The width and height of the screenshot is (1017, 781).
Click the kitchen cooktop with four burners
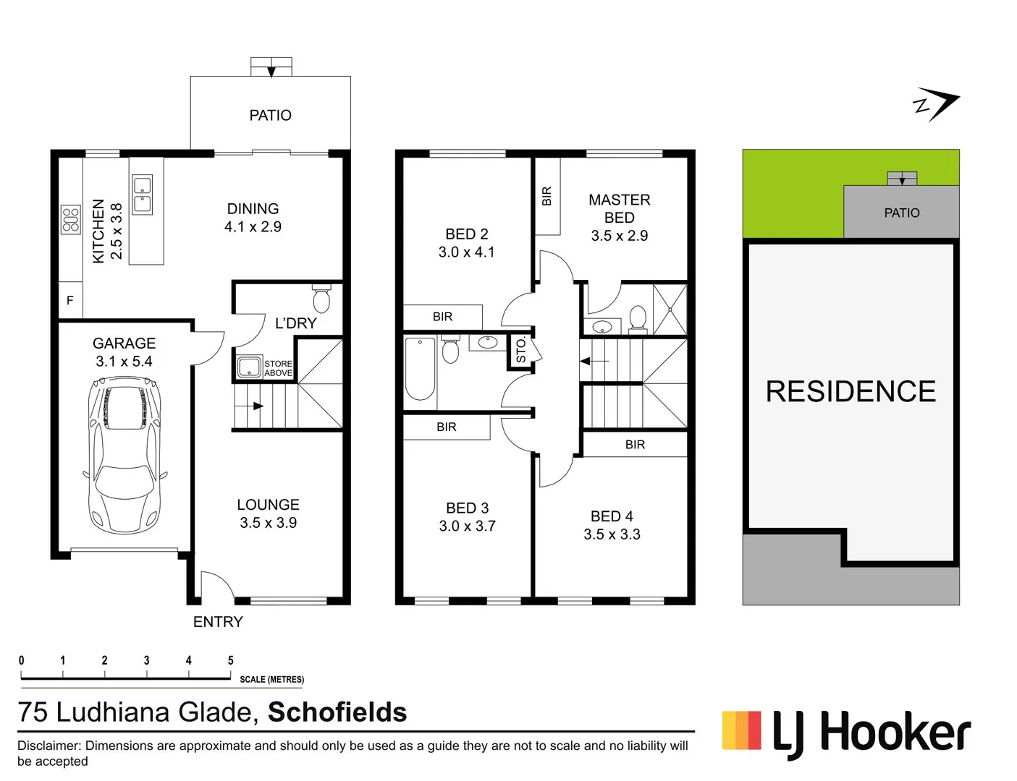pos(70,220)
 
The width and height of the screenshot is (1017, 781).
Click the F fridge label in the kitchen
pos(70,300)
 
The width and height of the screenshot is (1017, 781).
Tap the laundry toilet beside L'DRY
pos(321,299)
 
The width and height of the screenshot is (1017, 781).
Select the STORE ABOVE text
pos(278,369)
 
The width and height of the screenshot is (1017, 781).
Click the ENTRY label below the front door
pos(218,622)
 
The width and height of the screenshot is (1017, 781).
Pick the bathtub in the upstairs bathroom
pos(420,368)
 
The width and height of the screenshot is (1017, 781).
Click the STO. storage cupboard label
pos(521,351)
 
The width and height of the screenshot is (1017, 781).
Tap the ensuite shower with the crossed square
pos(670,310)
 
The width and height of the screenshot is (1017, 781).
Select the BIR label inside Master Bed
pos(547,196)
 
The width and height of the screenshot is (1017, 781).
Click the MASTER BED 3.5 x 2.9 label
pos(619,217)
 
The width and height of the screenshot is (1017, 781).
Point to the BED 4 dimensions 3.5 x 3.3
pos(612,534)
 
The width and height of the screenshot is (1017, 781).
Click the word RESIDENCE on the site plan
pos(851,391)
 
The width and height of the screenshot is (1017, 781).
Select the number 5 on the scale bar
pos(230,660)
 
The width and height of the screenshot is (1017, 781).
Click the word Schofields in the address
pos(337,712)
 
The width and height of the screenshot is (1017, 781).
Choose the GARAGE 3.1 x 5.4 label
pos(124,352)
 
